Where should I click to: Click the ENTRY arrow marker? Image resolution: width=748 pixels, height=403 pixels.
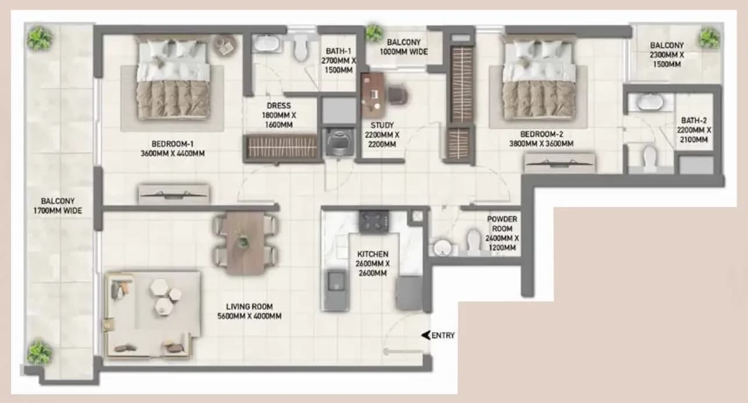click(426, 335)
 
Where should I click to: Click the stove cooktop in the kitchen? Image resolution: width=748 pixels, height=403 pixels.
click(373, 221)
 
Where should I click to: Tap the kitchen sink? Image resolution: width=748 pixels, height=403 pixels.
click(336, 281)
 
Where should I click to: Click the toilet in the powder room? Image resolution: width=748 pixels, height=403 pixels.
click(474, 240)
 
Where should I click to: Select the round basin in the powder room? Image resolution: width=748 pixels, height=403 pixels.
click(442, 248)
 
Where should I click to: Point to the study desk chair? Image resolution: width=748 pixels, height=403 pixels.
click(398, 94)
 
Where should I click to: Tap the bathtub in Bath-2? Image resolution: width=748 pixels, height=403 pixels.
click(650, 102)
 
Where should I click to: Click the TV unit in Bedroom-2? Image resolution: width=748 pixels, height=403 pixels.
click(560, 163)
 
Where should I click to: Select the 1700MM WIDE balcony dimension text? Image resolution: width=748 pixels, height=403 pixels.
click(58, 211)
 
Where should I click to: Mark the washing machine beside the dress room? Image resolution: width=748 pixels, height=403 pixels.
click(339, 142)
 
